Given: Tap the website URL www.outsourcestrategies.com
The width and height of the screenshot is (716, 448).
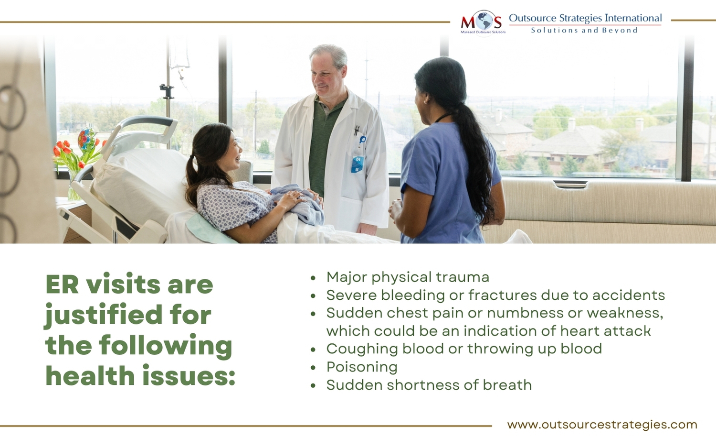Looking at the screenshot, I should pos(602,425).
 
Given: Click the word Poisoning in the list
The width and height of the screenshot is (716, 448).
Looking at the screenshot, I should pos(362,367).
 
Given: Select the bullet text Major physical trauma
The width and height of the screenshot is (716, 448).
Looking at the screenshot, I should pos(408,277).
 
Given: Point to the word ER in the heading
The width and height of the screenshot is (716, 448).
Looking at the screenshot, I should pos(62,284).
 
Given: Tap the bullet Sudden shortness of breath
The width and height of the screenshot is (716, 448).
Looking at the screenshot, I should pos(429,385).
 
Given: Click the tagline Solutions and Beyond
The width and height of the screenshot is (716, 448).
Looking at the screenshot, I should pos(584,30).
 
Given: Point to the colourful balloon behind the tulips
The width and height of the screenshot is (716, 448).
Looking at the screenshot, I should pos(86,139).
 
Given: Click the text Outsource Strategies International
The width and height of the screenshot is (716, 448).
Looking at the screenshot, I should pos(585,18).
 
